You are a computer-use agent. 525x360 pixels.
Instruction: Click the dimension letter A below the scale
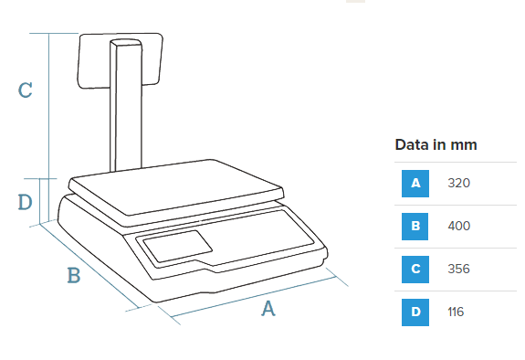click(268, 309)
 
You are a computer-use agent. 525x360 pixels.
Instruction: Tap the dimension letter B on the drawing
click(74, 275)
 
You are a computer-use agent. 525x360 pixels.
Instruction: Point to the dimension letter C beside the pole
click(26, 90)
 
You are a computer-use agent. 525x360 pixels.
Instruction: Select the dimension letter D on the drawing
click(26, 202)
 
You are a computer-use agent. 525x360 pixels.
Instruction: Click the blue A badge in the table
click(415, 184)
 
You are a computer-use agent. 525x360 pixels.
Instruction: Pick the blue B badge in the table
click(415, 227)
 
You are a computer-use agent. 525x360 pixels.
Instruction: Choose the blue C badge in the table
click(415, 270)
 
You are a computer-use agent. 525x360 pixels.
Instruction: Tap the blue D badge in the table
click(415, 312)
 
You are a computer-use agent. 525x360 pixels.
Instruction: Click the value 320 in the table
click(459, 183)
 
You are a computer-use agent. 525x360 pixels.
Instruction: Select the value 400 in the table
click(459, 226)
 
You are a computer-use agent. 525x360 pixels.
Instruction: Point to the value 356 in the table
click(459, 269)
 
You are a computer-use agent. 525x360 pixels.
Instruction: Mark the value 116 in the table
click(456, 312)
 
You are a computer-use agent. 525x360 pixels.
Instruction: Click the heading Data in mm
click(436, 144)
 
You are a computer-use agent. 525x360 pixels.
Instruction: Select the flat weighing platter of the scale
click(176, 187)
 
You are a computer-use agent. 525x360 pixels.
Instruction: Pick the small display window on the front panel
click(177, 246)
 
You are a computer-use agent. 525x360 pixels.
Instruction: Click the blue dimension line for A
click(253, 297)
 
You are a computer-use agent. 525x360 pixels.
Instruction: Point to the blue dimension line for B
click(89, 265)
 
